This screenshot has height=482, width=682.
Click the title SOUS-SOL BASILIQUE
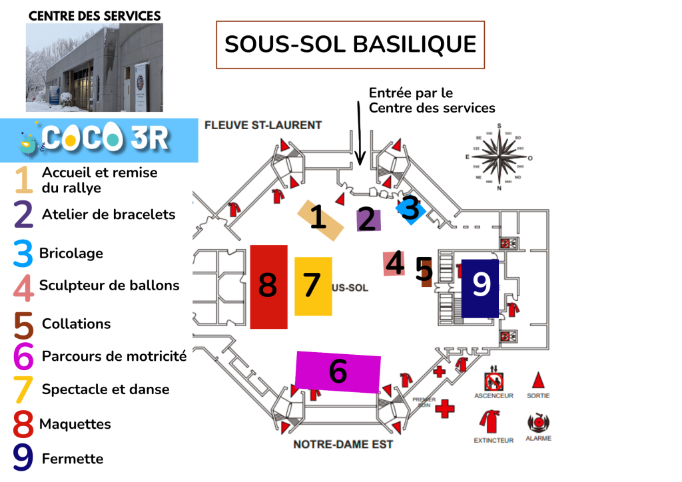(x=350, y=45)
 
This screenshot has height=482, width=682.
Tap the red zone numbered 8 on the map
(x=269, y=286)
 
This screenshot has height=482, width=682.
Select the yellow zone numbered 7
(x=313, y=286)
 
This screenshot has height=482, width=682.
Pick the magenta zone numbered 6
(x=338, y=371)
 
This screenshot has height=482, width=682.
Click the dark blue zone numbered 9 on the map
(x=480, y=287)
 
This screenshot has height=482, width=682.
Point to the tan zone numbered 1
(x=320, y=218)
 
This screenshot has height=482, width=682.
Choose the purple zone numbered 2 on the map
(x=367, y=220)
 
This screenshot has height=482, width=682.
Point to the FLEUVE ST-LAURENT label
(x=263, y=124)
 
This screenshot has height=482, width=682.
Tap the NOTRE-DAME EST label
(x=343, y=444)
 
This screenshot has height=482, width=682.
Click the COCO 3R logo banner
(x=100, y=140)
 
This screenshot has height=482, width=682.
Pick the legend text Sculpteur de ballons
(x=109, y=286)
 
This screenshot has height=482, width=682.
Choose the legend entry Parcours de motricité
(x=114, y=356)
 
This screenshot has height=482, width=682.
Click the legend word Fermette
(x=73, y=459)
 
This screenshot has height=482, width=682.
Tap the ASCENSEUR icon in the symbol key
(x=494, y=381)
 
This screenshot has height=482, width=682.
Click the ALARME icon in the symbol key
(x=537, y=423)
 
